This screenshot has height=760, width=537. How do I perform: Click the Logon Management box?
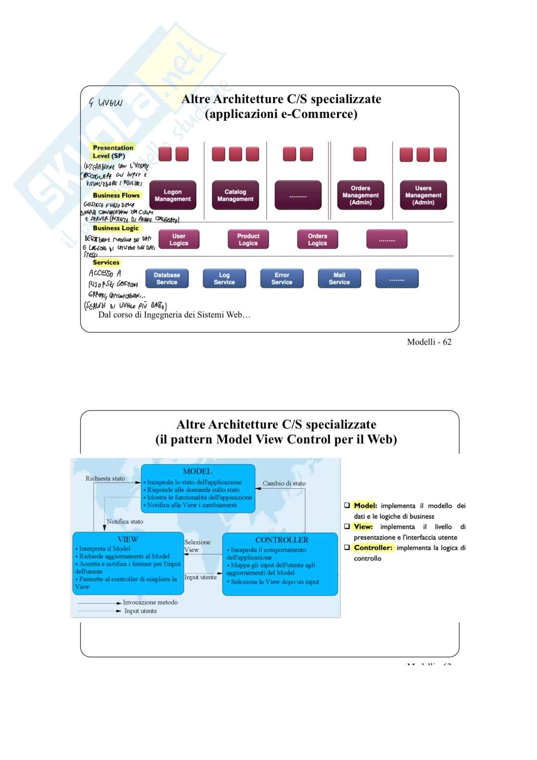(x=173, y=195)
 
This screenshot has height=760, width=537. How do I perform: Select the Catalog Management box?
(x=235, y=195)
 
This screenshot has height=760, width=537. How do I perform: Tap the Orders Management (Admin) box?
(x=360, y=195)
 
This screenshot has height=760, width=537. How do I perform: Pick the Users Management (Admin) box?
(x=423, y=195)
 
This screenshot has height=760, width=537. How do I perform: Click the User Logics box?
(x=178, y=240)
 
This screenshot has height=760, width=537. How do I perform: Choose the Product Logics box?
(x=248, y=240)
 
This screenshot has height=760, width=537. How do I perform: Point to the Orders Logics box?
(x=317, y=240)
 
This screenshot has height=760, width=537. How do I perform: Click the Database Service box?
(x=167, y=279)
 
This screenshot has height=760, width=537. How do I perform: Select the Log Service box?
(x=224, y=279)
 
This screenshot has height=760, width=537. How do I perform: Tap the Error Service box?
(x=282, y=279)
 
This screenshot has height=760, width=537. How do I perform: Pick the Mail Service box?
(x=339, y=279)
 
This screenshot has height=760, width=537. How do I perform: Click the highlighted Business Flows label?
(x=116, y=195)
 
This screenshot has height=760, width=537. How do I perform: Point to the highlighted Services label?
(x=106, y=263)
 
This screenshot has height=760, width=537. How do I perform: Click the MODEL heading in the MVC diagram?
(x=197, y=471)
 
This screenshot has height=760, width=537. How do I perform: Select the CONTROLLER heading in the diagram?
(x=282, y=540)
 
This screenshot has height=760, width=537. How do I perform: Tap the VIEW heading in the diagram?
(x=128, y=539)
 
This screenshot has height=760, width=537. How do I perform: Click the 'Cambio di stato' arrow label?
(x=284, y=483)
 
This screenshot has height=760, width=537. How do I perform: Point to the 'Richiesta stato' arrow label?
(x=105, y=479)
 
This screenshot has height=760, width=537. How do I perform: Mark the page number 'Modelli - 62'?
(x=429, y=342)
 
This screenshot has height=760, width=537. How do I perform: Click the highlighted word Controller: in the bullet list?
(x=373, y=548)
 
